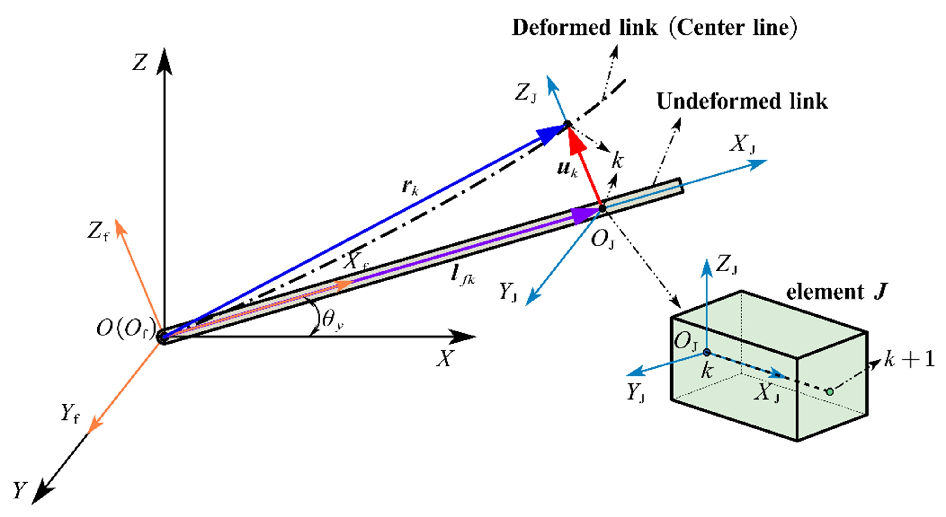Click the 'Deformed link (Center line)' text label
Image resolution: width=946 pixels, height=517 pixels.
654,28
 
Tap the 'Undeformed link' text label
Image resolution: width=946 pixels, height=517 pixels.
742,101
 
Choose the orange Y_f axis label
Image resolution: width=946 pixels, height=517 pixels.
70,413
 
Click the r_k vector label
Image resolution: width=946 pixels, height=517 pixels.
410,188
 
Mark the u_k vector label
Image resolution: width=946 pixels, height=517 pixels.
567,169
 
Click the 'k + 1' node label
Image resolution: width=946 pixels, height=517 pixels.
909,359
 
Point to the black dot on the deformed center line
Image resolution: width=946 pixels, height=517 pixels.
567,124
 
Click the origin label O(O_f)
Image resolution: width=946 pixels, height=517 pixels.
125,329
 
